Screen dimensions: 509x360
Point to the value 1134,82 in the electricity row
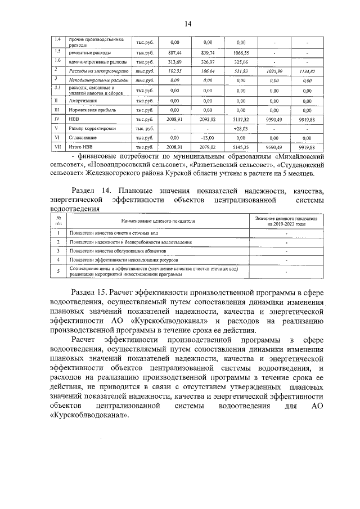click(x=307, y=71)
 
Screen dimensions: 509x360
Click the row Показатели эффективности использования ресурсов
click(x=121, y=260)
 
